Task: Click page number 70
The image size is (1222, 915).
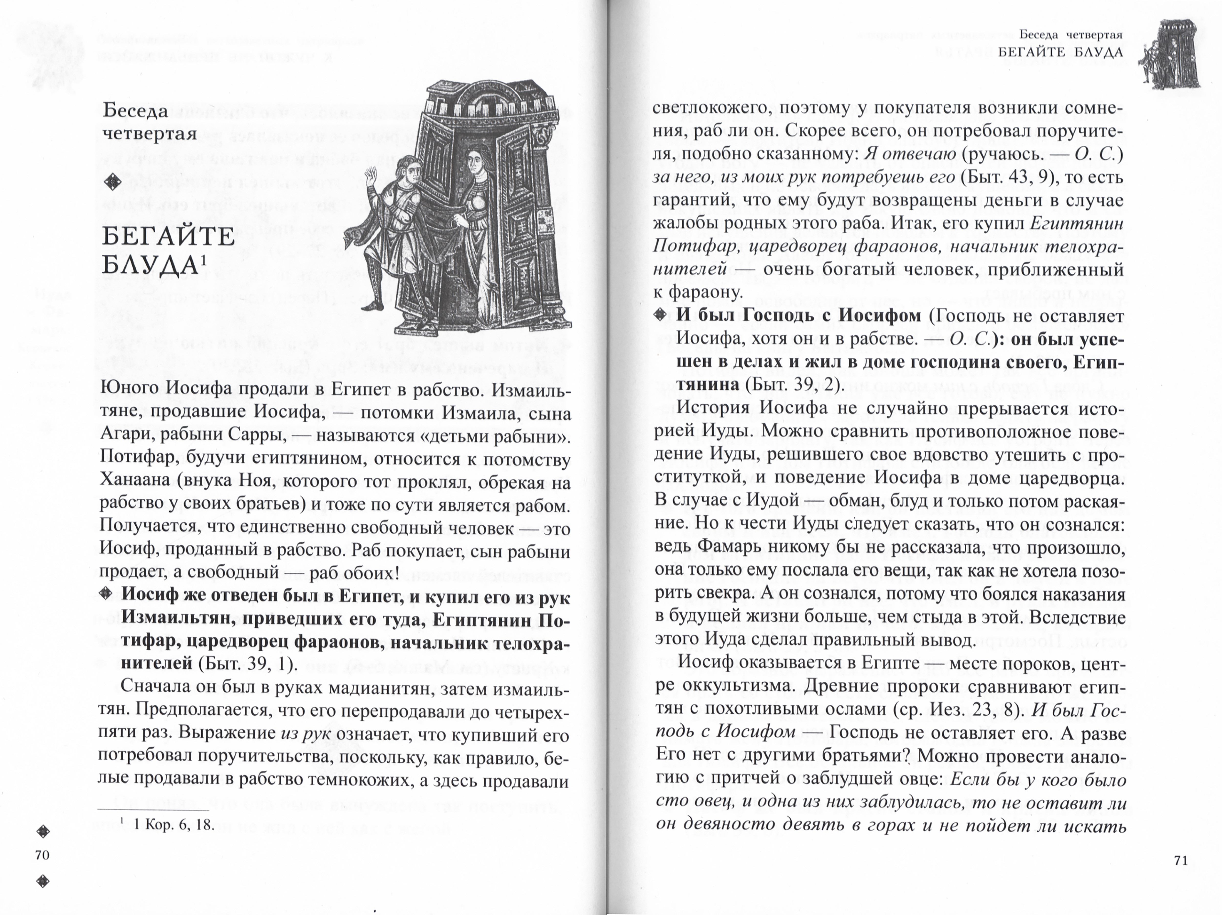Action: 42,855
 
